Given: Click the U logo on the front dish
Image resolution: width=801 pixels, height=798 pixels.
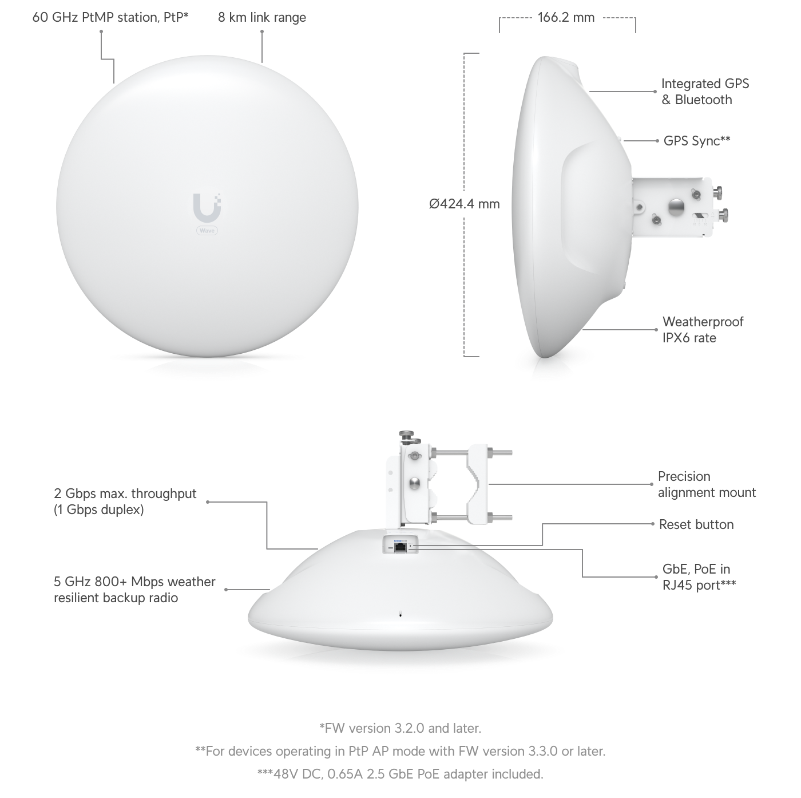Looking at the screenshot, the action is pyautogui.click(x=207, y=207).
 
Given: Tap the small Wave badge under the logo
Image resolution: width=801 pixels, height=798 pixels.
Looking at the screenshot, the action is pyautogui.click(x=207, y=231).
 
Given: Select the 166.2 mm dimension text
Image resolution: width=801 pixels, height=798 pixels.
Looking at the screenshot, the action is pyautogui.click(x=566, y=18).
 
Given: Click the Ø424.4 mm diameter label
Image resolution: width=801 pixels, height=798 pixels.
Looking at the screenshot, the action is pyautogui.click(x=465, y=204).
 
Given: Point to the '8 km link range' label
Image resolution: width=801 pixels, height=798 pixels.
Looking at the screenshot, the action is pyautogui.click(x=262, y=18).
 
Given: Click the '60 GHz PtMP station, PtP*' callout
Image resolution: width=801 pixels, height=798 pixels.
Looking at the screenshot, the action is pyautogui.click(x=110, y=18).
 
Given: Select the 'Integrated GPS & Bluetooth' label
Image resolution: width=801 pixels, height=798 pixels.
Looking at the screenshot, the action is pyautogui.click(x=705, y=92).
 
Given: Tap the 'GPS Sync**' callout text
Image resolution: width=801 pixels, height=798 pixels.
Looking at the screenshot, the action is pyautogui.click(x=697, y=141).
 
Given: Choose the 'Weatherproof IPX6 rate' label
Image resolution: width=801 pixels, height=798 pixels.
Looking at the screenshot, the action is pyautogui.click(x=703, y=330).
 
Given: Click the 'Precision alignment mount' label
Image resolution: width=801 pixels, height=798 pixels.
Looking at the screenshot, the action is pyautogui.click(x=707, y=484).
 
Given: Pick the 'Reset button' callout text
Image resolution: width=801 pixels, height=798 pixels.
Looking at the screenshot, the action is pyautogui.click(x=696, y=524).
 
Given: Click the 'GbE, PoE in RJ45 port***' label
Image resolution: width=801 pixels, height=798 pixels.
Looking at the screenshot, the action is pyautogui.click(x=699, y=577).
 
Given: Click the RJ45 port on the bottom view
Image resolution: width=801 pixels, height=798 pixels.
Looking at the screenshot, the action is pyautogui.click(x=400, y=547).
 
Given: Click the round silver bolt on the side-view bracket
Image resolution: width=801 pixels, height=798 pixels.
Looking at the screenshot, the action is pyautogui.click(x=676, y=207).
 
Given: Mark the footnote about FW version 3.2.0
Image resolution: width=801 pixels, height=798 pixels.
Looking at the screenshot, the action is pyautogui.click(x=400, y=728).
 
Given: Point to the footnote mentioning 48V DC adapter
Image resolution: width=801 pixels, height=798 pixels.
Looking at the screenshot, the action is pyautogui.click(x=400, y=774).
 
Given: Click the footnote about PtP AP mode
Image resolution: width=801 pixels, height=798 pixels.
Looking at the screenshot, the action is pyautogui.click(x=400, y=751).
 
